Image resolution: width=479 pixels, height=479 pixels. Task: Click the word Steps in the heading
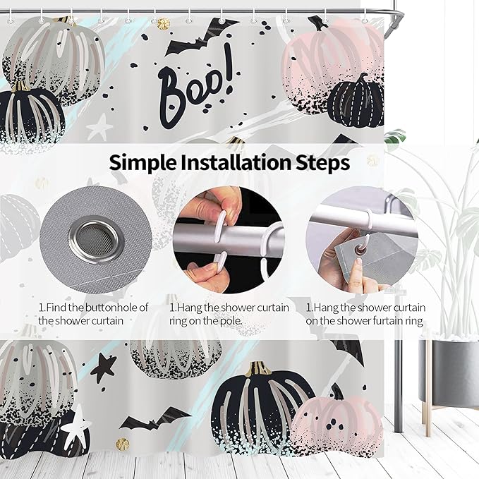(322, 163)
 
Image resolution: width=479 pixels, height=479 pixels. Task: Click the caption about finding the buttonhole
(94, 314)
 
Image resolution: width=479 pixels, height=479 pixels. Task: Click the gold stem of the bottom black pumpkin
(259, 368)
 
